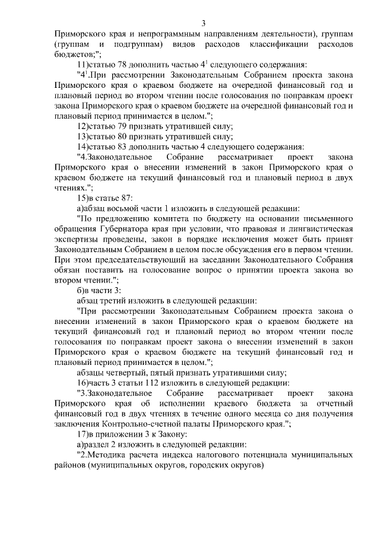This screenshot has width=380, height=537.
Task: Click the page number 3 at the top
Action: (x=203, y=24)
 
